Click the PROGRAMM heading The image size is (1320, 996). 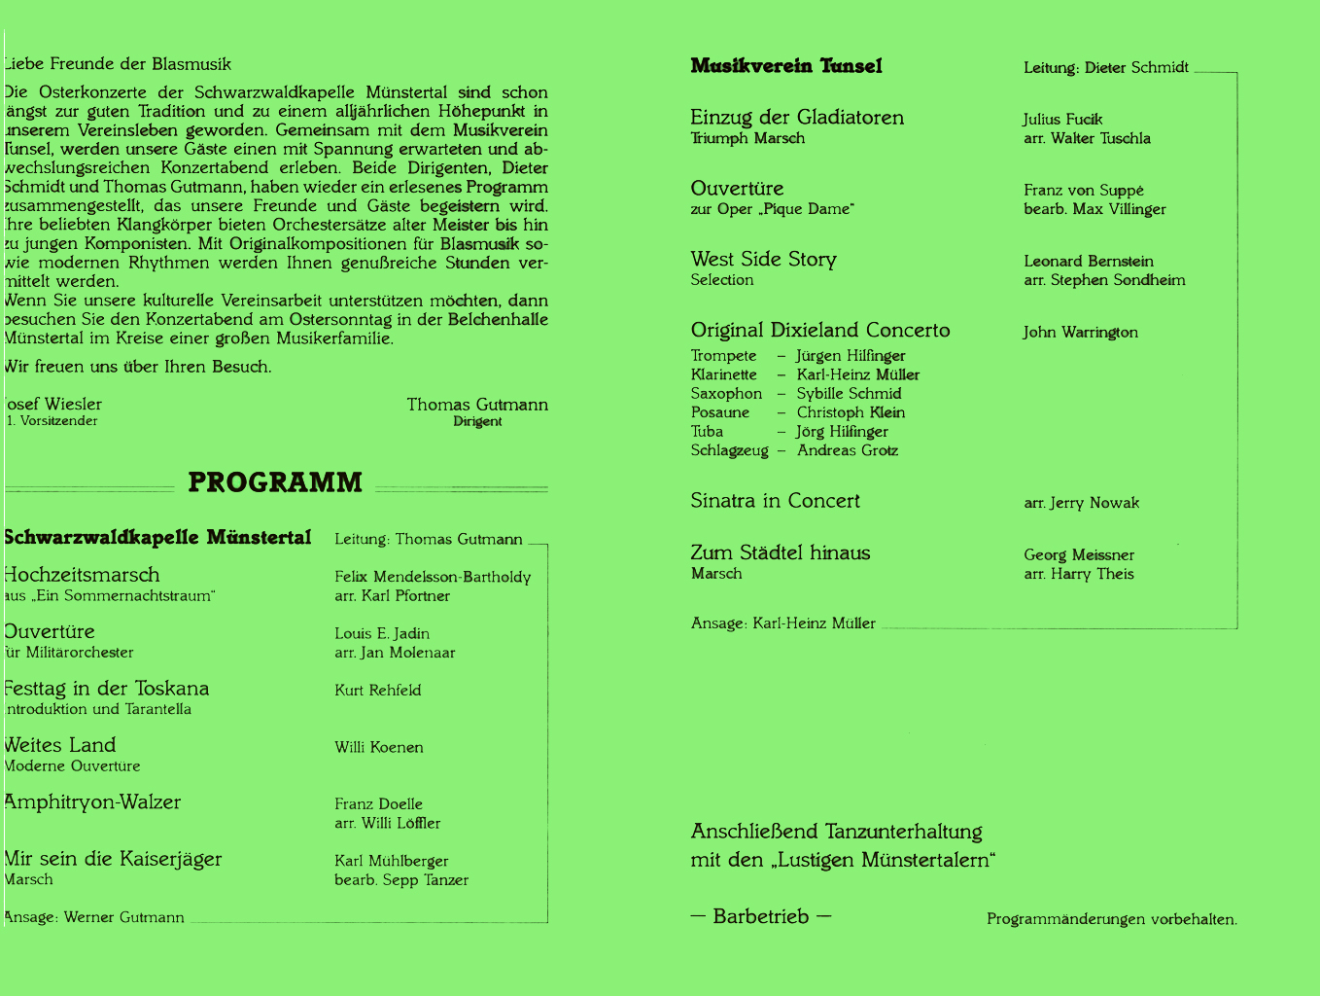click(x=275, y=482)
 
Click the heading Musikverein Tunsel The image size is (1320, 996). click(x=786, y=66)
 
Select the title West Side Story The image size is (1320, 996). click(x=763, y=260)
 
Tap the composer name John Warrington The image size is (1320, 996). click(x=1080, y=333)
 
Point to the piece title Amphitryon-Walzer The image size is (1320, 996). click(x=92, y=802)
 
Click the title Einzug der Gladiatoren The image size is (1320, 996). click(x=797, y=118)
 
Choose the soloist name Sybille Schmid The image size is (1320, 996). click(x=849, y=394)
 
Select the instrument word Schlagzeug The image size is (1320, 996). click(x=729, y=450)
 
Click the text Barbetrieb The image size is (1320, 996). click(x=760, y=917)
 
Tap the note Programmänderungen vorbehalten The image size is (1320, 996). click(x=1111, y=919)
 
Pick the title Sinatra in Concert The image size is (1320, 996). click(x=775, y=501)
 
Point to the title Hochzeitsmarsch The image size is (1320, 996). click(x=82, y=575)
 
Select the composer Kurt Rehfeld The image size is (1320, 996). click(x=377, y=691)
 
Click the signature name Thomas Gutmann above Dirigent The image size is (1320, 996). click(x=477, y=405)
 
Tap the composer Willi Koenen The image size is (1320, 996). click(x=378, y=748)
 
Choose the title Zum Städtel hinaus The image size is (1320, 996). click(x=780, y=553)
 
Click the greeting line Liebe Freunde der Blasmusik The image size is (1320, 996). click(x=118, y=64)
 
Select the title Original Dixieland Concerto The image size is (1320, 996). click(x=819, y=331)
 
